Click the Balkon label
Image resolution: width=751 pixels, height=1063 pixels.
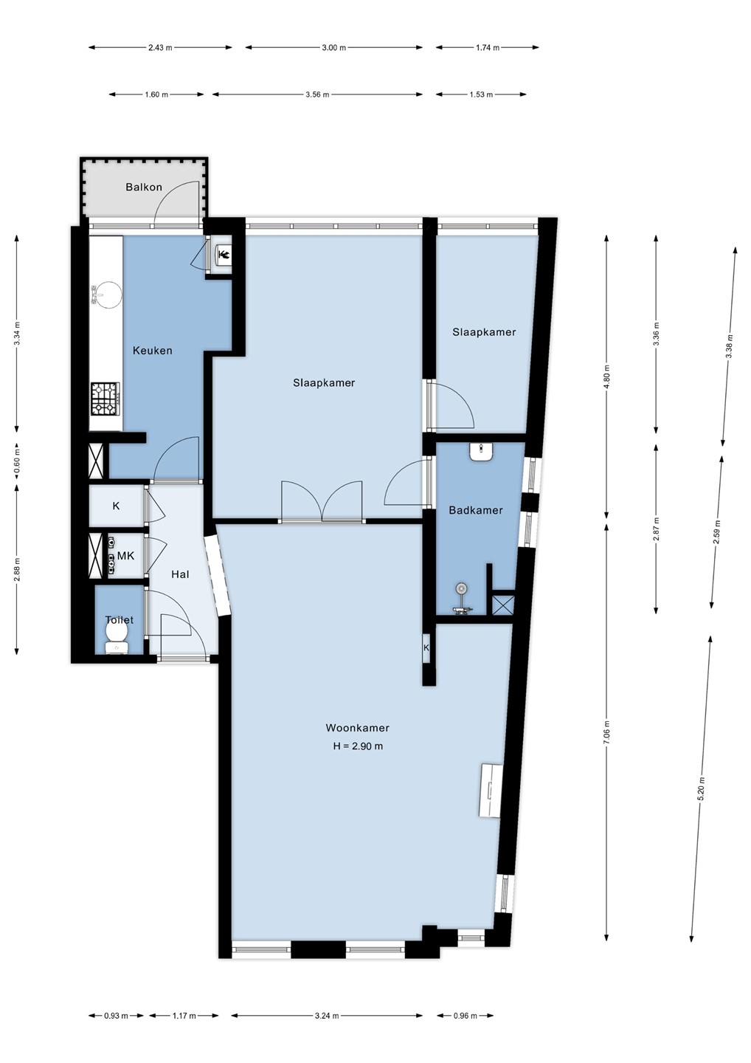coord(144,187)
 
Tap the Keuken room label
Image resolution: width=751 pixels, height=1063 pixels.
coord(152,351)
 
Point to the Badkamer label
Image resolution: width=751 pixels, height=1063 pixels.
coord(476,510)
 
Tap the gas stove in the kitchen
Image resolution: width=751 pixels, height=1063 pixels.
coord(105,399)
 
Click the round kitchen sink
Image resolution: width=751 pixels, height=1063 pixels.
coord(107,295)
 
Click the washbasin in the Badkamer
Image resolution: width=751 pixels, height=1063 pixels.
coord(481,451)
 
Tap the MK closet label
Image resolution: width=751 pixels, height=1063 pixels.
coord(125,556)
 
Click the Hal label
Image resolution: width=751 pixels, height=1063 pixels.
coord(180,574)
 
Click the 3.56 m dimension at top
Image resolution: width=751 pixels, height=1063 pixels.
coord(317,94)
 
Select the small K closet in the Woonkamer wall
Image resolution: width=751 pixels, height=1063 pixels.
coord(426,648)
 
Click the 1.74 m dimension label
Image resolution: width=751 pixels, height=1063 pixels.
coord(487,47)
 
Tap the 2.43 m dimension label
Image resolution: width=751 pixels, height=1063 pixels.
coord(160,47)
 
